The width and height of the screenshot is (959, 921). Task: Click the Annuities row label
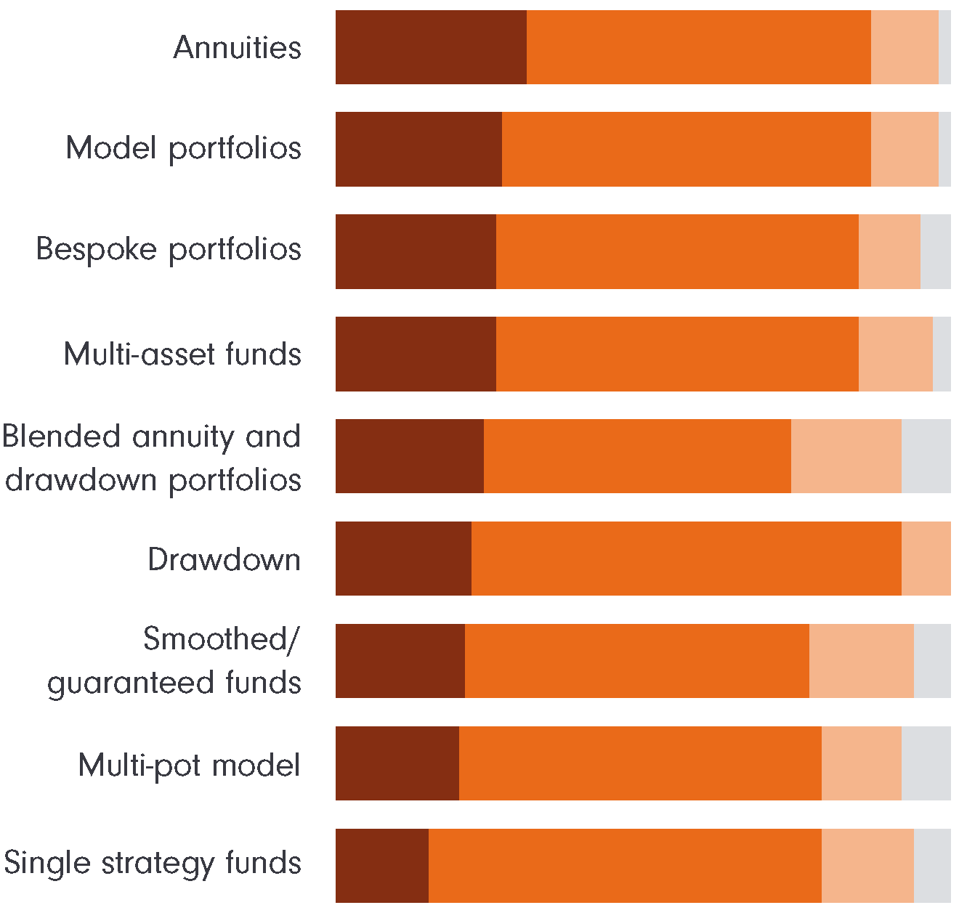238,48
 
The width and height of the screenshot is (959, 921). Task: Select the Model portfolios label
184,148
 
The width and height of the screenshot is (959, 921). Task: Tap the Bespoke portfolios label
169,249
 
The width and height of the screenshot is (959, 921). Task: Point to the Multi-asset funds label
182,354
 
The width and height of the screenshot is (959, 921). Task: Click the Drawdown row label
224,559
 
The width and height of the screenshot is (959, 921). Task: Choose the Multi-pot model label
189,765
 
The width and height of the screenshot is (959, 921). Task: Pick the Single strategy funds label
153,863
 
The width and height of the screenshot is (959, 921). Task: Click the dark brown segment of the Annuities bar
431,47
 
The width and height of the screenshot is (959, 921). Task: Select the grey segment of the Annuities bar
944,47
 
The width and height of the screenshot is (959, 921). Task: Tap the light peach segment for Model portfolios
905,149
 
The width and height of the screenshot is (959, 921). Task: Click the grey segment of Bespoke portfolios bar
935,251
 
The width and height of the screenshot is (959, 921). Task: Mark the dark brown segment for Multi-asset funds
416,354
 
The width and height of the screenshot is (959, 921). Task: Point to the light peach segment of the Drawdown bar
926,559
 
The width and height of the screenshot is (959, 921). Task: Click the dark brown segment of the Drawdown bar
403,559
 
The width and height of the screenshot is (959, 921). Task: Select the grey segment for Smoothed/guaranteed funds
932,661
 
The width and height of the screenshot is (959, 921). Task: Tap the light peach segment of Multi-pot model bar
861,763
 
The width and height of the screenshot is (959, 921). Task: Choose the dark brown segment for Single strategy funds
382,866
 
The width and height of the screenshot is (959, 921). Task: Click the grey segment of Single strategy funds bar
932,866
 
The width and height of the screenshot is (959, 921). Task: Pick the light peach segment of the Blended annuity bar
846,456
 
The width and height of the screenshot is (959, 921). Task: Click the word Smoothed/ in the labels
221,639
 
